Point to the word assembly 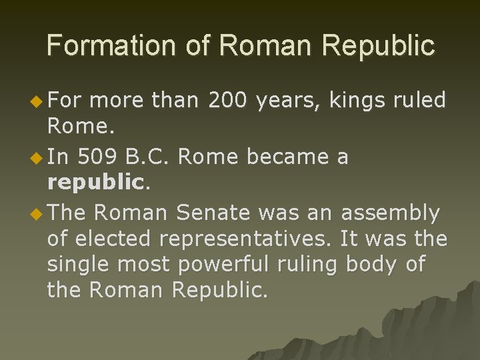pyautogui.click(x=390, y=214)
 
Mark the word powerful pyautogui.click(x=213, y=265)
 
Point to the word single pyautogui.click(x=79, y=265)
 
